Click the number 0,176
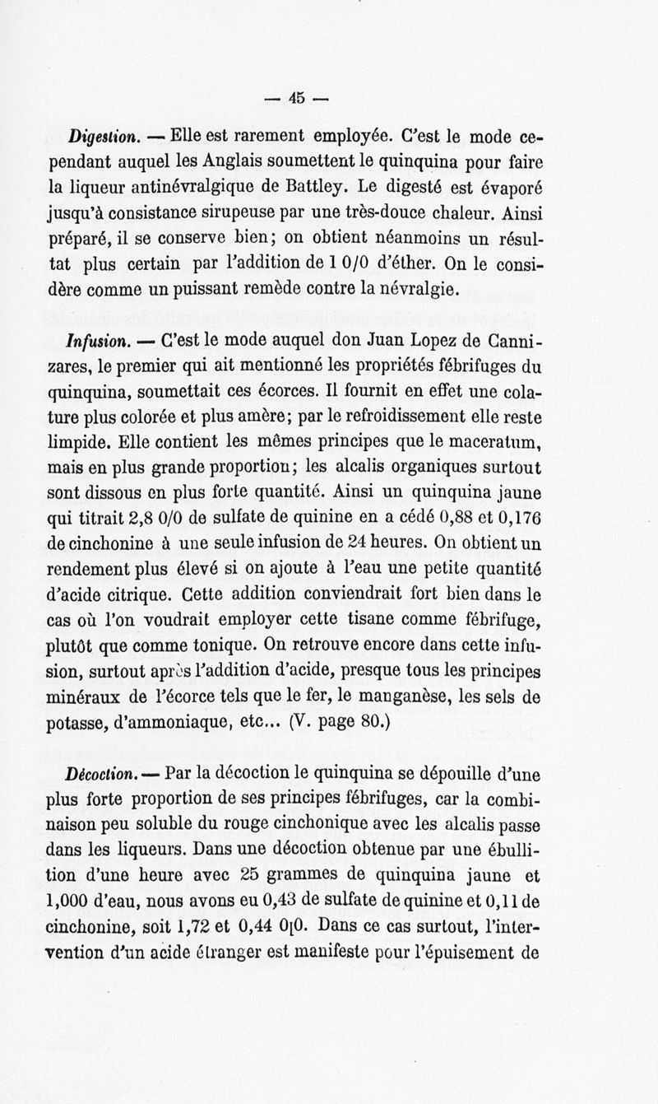[515, 516]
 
